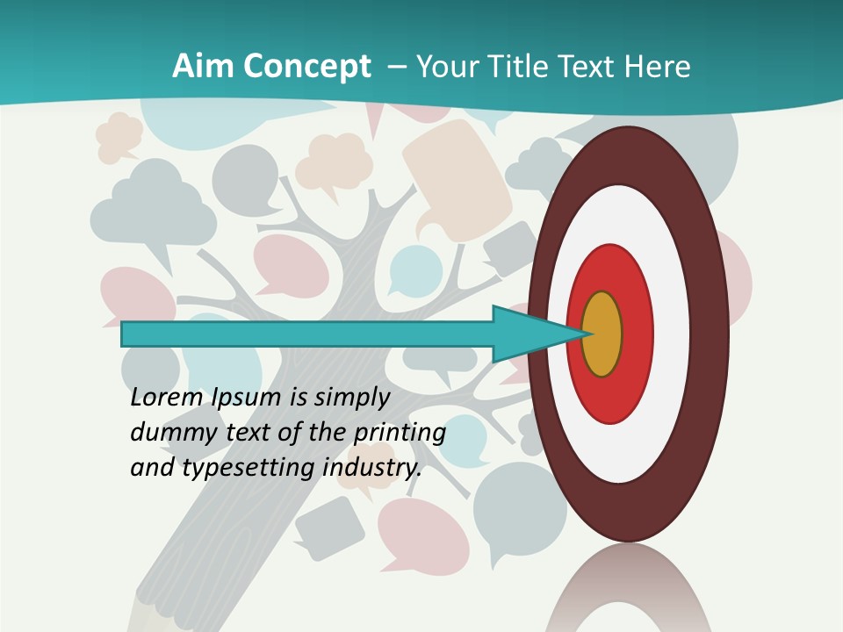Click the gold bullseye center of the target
pos(602,334)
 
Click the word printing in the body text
pos(399,433)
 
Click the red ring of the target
pos(636,334)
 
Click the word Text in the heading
pos(593,67)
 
